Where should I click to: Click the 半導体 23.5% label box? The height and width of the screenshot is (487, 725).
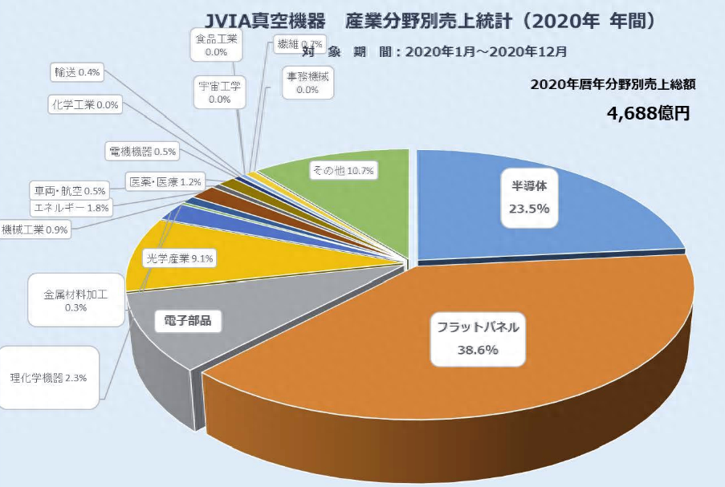tap(529, 197)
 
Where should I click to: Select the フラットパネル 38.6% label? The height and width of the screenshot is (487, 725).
tap(478, 338)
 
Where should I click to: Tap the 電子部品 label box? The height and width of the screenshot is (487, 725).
tap(187, 321)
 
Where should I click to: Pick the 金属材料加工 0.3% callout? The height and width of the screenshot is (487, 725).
tap(75, 300)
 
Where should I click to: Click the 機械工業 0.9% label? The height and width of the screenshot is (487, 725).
tap(35, 229)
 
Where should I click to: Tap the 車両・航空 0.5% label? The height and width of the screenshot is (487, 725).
tap(70, 192)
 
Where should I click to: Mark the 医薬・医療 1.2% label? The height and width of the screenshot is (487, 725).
tap(166, 181)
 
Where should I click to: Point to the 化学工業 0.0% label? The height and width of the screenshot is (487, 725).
tap(84, 104)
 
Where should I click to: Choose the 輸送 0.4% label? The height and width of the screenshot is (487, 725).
tap(77, 73)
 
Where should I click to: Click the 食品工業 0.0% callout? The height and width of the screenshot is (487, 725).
tap(216, 45)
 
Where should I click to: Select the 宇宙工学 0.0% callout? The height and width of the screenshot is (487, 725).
tap(219, 92)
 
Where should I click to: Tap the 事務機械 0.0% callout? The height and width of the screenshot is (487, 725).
tap(307, 83)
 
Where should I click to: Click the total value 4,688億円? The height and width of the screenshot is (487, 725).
tap(649, 113)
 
